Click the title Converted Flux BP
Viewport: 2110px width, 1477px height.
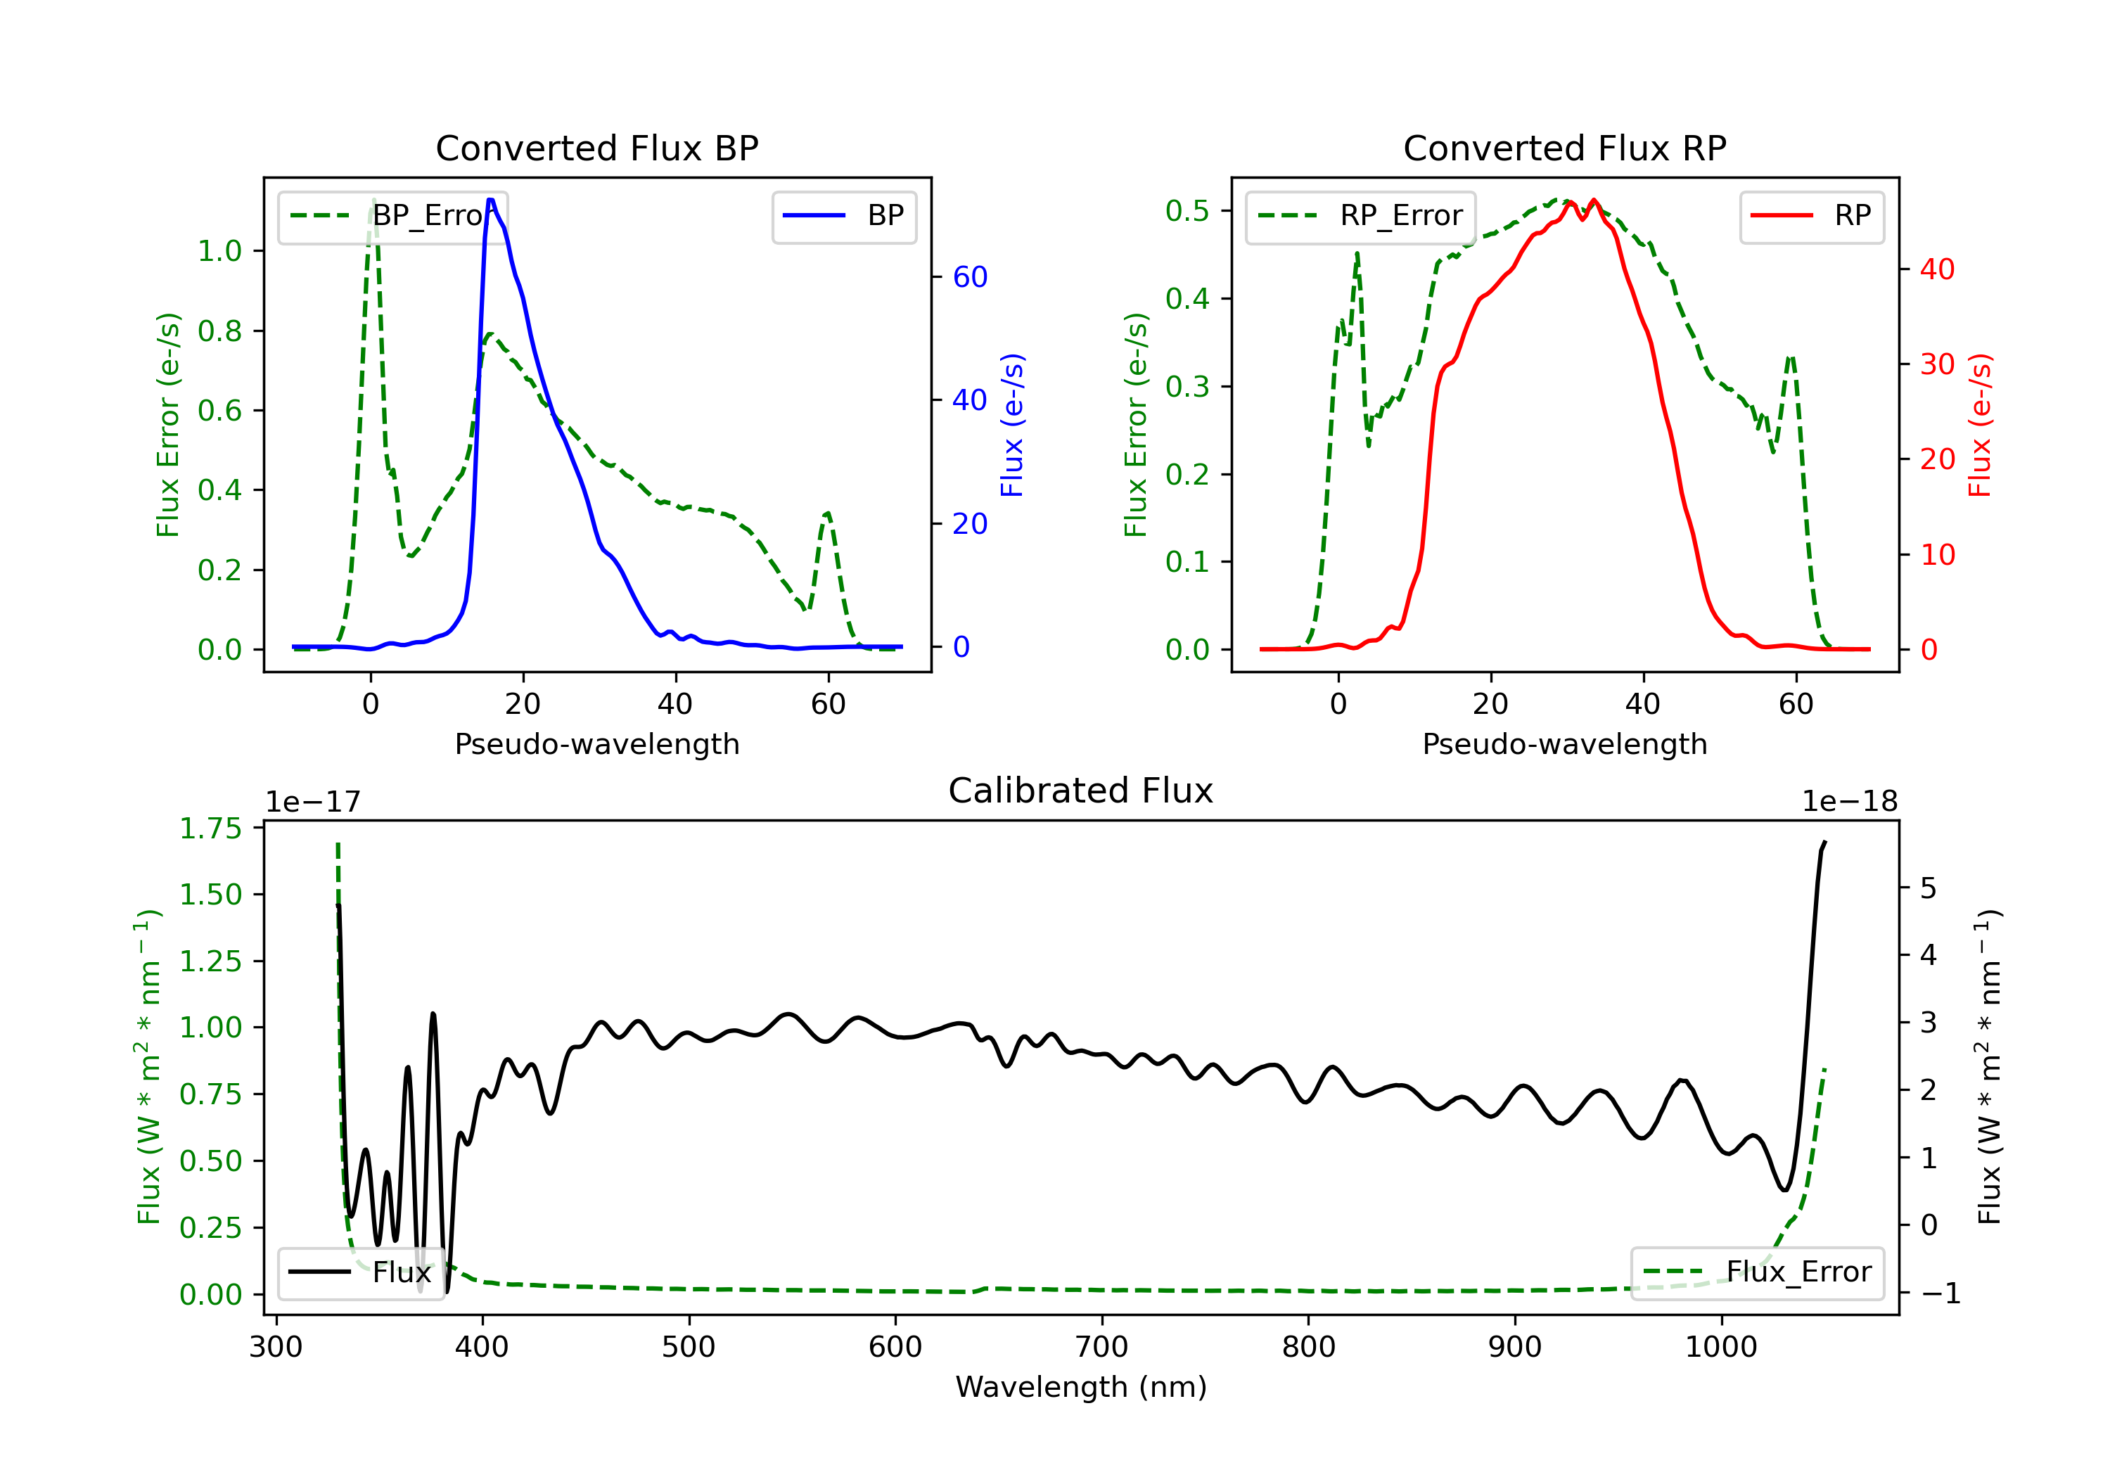click(596, 148)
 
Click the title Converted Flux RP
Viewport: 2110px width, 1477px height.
click(1564, 148)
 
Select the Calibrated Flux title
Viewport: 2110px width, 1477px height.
click(1081, 791)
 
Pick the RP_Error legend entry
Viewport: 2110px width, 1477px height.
click(1360, 216)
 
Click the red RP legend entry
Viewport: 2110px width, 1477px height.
click(1811, 216)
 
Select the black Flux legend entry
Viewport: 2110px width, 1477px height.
click(360, 1272)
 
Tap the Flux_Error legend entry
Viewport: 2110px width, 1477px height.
click(1757, 1272)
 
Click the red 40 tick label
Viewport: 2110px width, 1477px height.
click(1937, 269)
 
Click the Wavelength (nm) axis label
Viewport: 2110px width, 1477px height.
click(1081, 1387)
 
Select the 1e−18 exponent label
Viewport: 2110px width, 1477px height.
click(1849, 802)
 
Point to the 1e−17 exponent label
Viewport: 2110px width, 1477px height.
click(314, 802)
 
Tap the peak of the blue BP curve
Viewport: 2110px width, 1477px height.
click(491, 200)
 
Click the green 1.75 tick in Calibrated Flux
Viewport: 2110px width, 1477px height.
click(210, 828)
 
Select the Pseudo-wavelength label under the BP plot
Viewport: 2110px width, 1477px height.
click(597, 743)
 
